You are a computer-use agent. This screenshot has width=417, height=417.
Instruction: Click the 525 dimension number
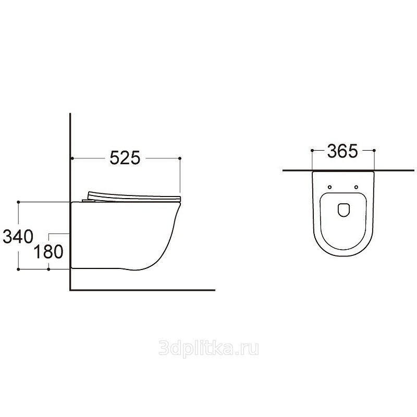pos(125,158)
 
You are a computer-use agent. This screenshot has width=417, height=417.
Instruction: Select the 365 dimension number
pos(342,151)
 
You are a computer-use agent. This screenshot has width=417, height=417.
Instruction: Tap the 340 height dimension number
pos(18,237)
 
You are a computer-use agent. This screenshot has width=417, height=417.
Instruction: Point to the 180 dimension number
pos(48,252)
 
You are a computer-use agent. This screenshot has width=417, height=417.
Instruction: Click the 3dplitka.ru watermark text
pos(209,349)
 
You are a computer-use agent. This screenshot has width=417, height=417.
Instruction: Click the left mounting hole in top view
pos(330,187)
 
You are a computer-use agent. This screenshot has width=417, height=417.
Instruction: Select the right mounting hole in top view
pos(356,187)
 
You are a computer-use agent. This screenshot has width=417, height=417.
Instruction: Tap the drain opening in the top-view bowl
pos(344,210)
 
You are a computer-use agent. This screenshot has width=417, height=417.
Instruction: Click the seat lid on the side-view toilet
pos(134,197)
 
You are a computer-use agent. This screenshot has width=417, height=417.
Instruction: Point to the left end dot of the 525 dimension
pos(72,158)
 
